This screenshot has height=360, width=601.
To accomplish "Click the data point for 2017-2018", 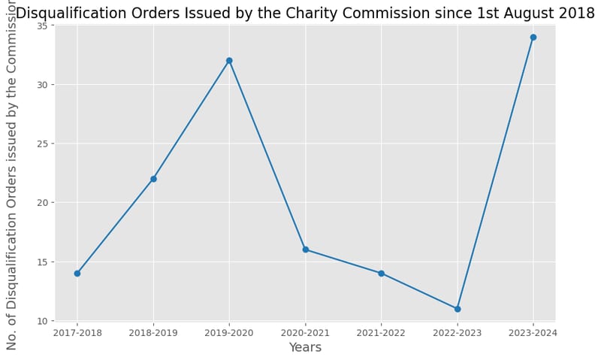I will [77, 274].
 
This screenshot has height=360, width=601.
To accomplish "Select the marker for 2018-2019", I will [153, 179].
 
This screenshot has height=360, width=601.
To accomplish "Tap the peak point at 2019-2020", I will [229, 61].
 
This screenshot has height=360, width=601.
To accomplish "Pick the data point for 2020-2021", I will [305, 250].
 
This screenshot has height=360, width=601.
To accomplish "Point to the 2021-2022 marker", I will [381, 274].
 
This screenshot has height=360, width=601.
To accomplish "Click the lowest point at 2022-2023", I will [457, 309].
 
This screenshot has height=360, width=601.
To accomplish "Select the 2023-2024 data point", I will [533, 37].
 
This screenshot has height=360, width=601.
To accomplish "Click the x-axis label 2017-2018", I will [77, 333].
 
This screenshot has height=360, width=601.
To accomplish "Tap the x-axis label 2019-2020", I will [229, 333].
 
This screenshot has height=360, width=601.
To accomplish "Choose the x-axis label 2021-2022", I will [381, 333].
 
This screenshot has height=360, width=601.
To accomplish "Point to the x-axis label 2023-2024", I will [533, 333].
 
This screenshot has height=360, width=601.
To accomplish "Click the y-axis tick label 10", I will [43, 321].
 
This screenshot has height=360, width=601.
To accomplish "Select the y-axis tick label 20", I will [43, 203].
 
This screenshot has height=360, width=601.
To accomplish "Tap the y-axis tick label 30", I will [43, 85].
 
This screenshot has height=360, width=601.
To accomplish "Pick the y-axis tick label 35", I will [43, 26].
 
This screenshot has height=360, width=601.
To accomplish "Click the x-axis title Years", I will [305, 348].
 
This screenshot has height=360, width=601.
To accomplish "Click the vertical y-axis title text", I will [12, 177].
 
